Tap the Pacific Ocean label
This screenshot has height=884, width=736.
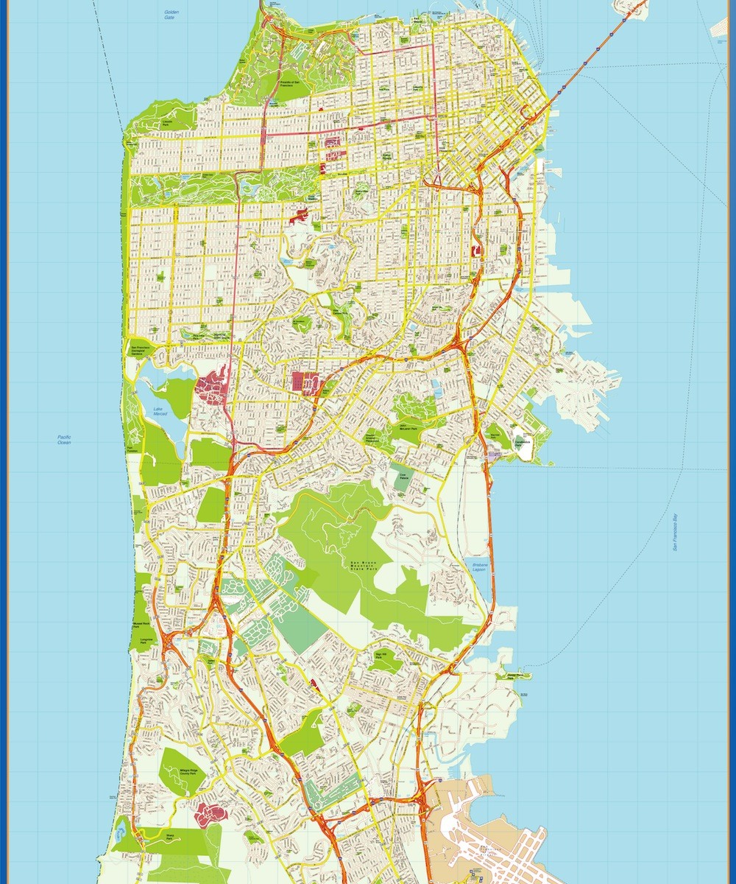coord(64,440)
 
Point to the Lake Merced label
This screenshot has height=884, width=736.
coord(160,412)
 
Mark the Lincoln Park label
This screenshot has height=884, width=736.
coord(168,121)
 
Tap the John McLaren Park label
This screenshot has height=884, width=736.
coord(407,426)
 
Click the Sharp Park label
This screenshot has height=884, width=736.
coord(170,835)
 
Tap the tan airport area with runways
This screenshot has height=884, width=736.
coord(486,832)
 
